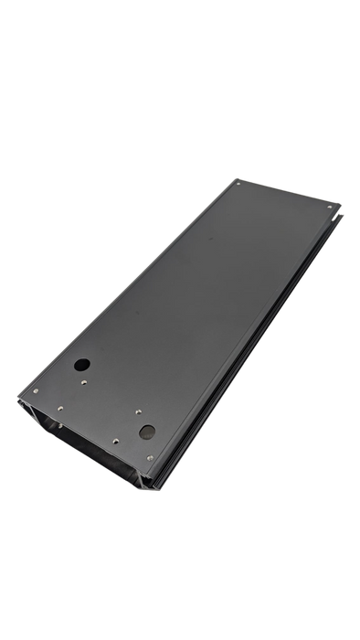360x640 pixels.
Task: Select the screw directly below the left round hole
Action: coord(85,382)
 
